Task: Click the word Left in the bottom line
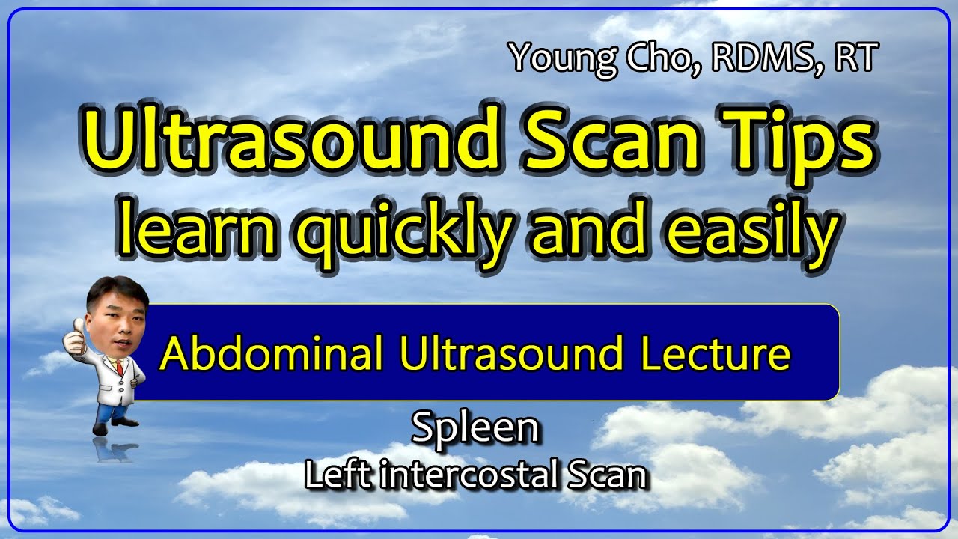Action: pyautogui.click(x=337, y=473)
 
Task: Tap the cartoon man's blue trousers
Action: pyautogui.click(x=112, y=412)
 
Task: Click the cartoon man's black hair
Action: pyautogui.click(x=116, y=289)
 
